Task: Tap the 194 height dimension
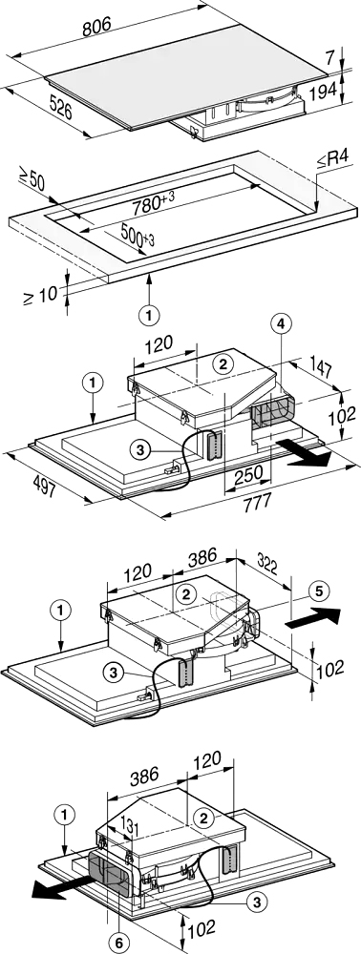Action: point(323,91)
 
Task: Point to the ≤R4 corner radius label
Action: point(331,160)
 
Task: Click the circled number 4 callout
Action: point(280,326)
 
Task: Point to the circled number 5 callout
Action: point(321,590)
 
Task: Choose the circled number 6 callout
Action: point(119,944)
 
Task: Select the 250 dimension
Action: point(249,472)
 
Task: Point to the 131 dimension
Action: point(123,827)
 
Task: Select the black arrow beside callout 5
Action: point(312,618)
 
